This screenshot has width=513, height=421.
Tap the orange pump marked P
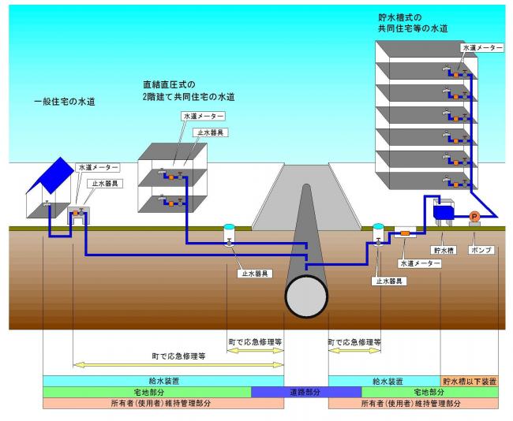tap(474, 216)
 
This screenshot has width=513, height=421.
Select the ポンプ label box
tap(481, 250)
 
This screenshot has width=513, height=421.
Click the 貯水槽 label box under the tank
tap(447, 250)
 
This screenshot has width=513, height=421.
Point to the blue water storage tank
tap(444, 210)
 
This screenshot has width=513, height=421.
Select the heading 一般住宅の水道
tap(65, 102)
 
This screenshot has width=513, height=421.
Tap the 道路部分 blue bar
tap(289, 392)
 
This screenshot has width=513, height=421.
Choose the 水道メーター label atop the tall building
tap(481, 48)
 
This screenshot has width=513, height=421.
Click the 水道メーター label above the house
tap(99, 168)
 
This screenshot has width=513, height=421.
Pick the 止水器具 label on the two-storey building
tap(213, 132)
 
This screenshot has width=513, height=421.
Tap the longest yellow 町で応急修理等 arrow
tap(178, 363)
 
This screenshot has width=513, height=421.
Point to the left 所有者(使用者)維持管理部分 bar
tap(163, 403)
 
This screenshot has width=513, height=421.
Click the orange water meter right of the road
tap(404, 233)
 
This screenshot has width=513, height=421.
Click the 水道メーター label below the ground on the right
tap(418, 263)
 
